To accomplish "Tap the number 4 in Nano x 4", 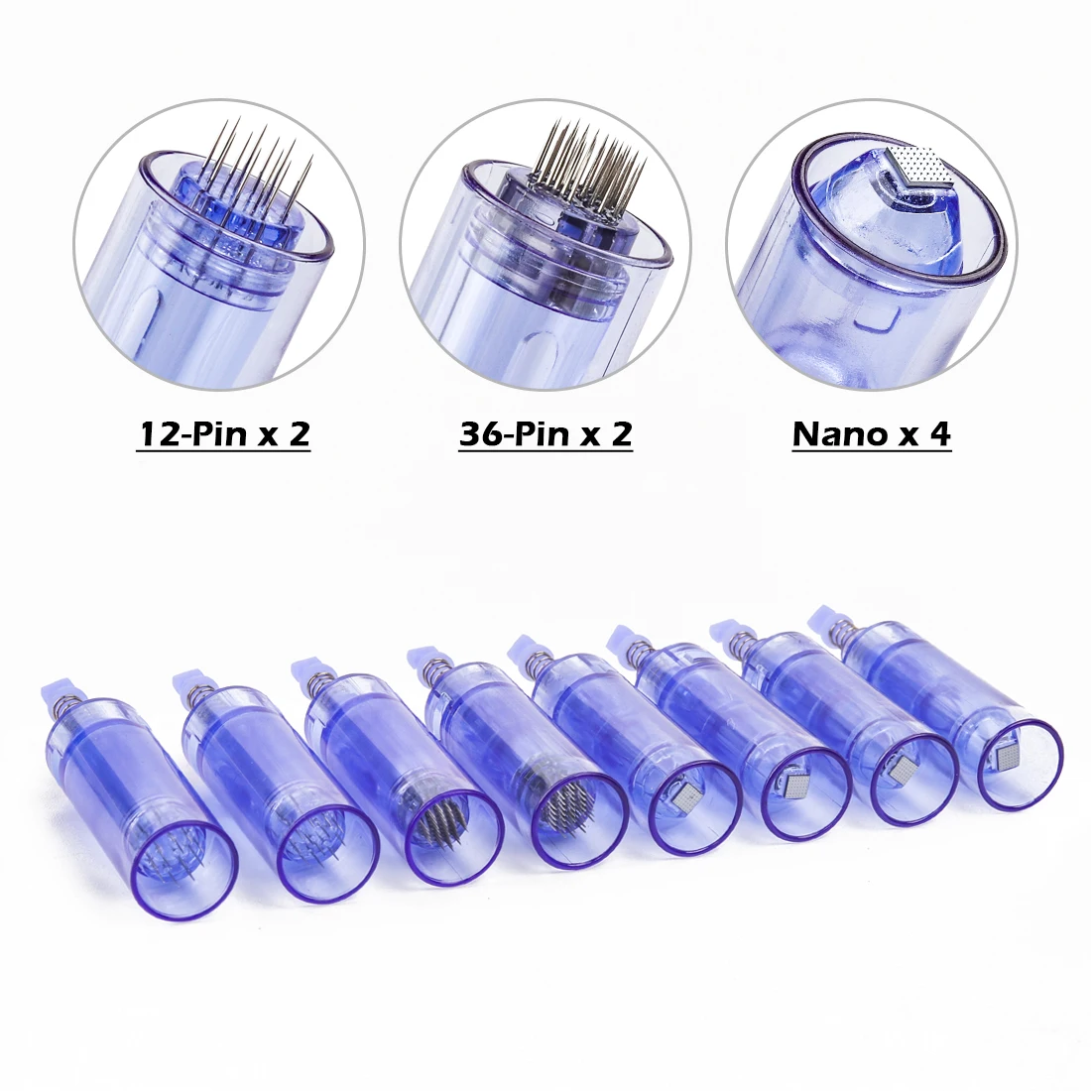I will (x=939, y=433).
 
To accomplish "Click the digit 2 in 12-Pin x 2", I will (x=299, y=433).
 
